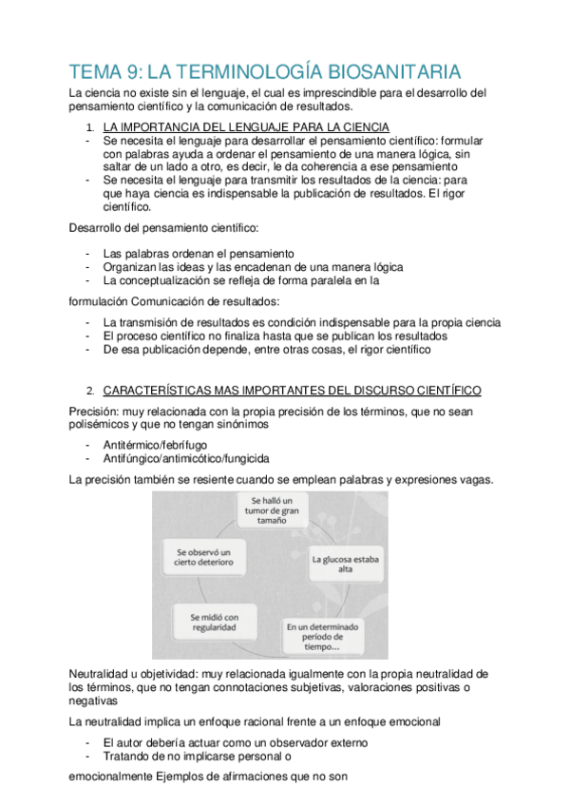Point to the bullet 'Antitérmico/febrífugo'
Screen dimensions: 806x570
coord(157,445)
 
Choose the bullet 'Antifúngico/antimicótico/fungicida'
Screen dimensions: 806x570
coord(186,458)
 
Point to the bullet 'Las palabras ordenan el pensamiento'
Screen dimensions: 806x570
coord(199,255)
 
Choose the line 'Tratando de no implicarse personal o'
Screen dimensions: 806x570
coord(197,757)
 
